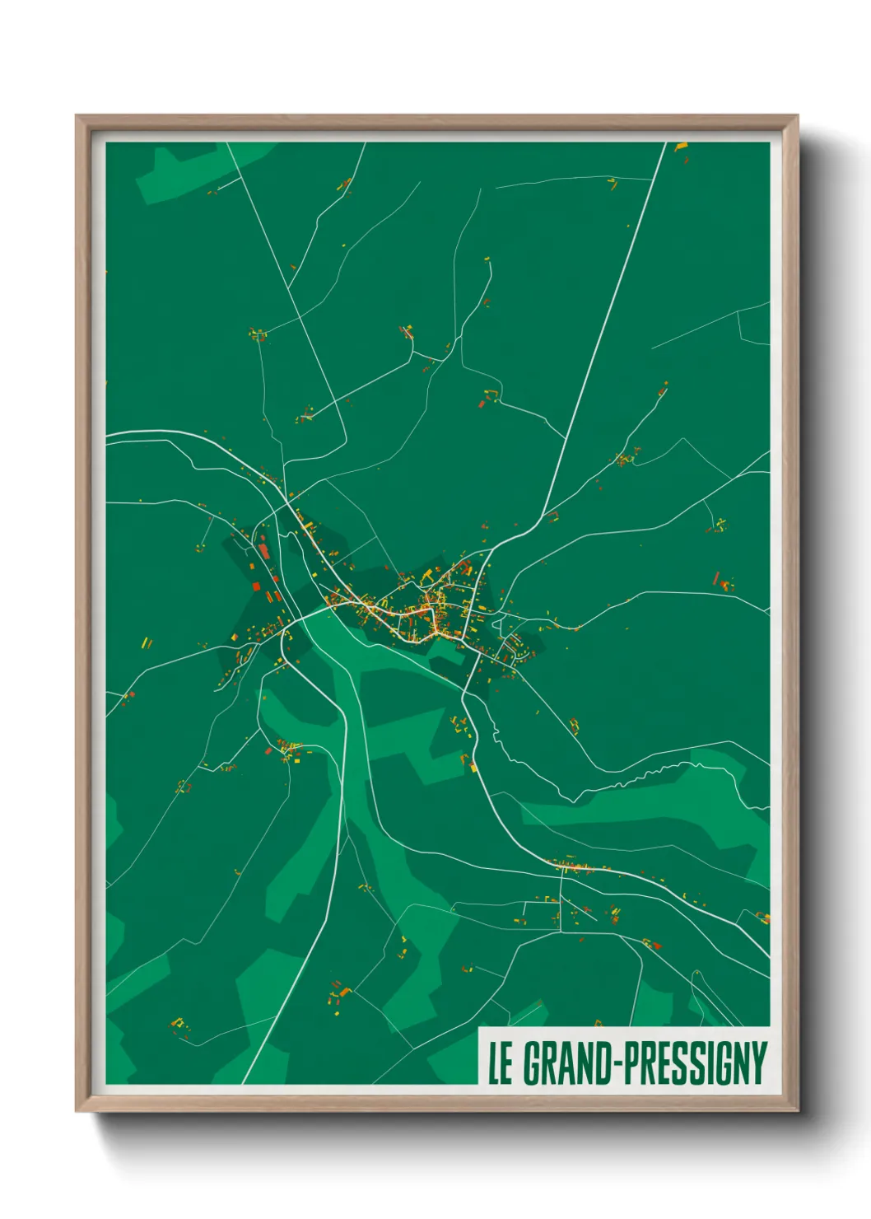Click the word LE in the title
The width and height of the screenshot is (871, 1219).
(x=500, y=1063)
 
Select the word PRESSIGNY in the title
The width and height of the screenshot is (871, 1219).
(x=696, y=1063)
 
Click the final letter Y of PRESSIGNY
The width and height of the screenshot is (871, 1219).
(x=758, y=1063)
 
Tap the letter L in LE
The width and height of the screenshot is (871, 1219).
(x=494, y=1063)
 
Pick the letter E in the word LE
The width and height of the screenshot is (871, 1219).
(x=506, y=1063)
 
